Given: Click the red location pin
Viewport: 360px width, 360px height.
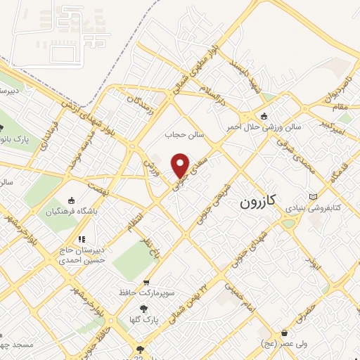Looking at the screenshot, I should pyautogui.click(x=181, y=165).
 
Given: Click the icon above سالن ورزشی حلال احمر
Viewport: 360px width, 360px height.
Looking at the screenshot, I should pyautogui.click(x=264, y=116).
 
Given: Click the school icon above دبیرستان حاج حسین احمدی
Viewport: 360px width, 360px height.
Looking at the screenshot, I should pyautogui.click(x=82, y=239).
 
